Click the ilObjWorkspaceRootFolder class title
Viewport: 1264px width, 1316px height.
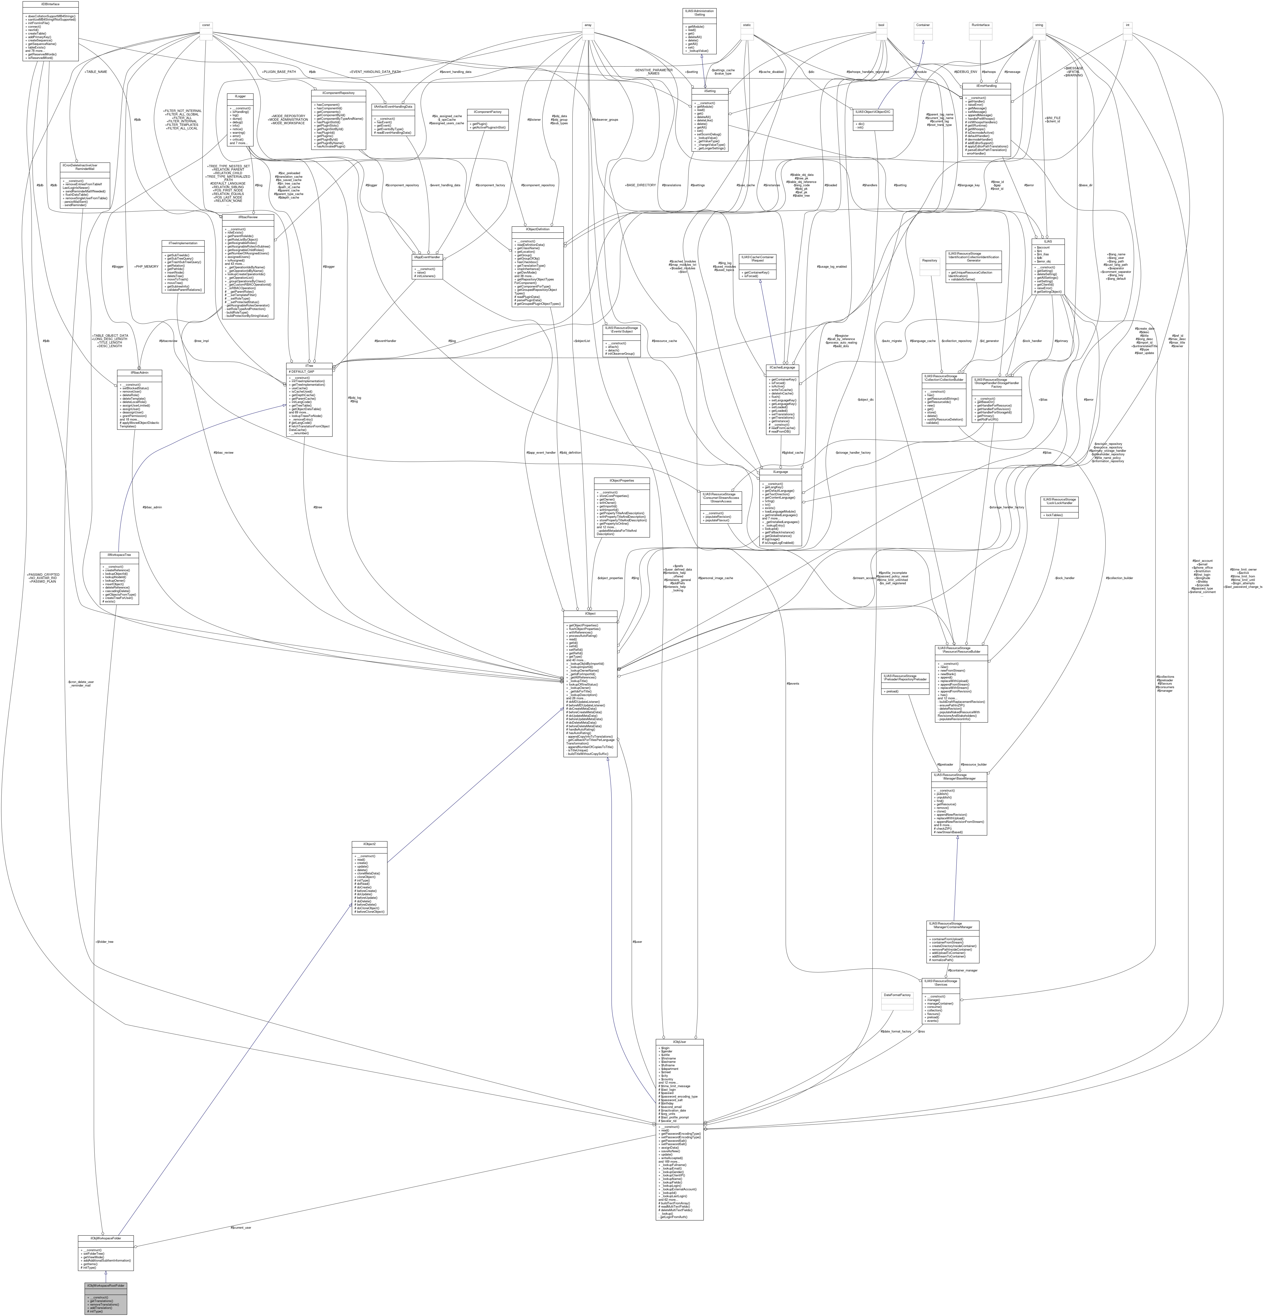click(105, 1285)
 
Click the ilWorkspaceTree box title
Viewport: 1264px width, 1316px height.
click(119, 555)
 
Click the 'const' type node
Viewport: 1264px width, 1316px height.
click(206, 25)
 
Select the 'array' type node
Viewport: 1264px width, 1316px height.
click(588, 25)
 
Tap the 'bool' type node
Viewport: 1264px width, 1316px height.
click(881, 25)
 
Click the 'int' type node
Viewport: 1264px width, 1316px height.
click(1128, 25)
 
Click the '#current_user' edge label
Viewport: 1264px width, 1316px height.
click(241, 1227)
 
